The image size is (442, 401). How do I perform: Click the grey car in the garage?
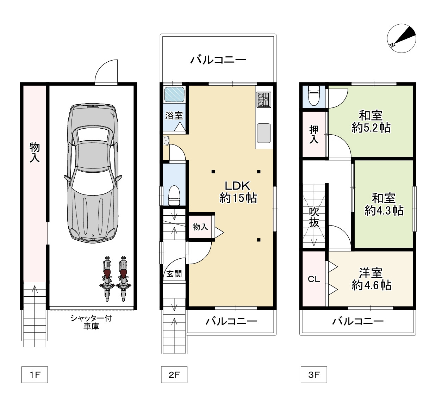93,173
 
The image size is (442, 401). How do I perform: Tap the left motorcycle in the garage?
107,278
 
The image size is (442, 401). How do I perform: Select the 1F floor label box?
35,375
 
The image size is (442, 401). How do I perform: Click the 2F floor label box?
174,375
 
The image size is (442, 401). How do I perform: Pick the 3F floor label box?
313,375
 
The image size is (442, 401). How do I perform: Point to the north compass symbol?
401,38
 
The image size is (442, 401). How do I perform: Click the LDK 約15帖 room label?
238,192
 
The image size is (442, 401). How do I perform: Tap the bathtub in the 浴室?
174,94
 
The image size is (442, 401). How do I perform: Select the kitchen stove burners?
264,99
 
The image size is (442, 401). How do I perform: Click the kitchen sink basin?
264,133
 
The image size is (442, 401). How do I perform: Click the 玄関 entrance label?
174,273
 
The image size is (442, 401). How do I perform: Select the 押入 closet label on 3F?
314,134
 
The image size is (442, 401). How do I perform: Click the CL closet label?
314,279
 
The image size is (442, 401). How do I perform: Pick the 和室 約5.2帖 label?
371,122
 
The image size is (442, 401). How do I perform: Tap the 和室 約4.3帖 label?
384,204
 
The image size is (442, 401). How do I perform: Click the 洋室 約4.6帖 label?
371,279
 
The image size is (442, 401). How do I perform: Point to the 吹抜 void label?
314,217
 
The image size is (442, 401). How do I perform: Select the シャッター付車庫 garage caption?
91,322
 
